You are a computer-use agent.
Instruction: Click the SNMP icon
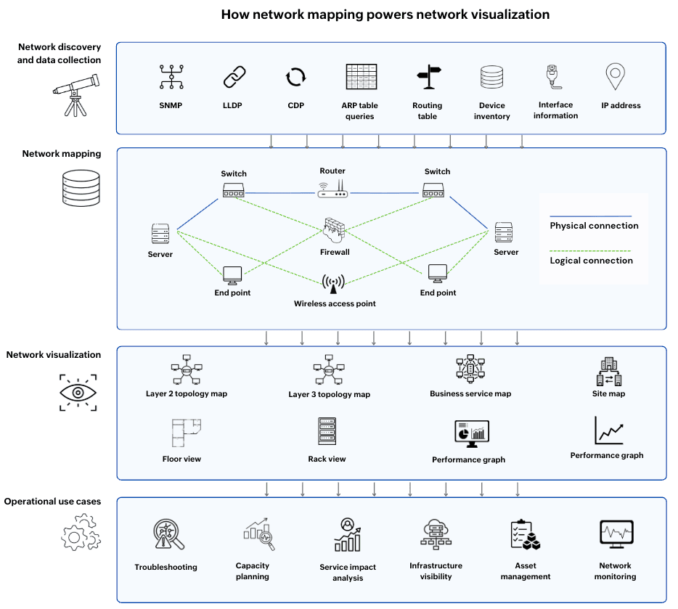coord(171,77)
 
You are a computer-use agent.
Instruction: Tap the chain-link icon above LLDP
coord(234,77)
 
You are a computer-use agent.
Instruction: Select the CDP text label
coord(296,105)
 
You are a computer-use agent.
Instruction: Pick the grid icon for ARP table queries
coord(362,76)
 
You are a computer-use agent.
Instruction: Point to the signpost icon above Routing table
coord(429,77)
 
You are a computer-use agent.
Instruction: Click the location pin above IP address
coord(616,76)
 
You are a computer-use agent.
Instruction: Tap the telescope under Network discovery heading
coord(76,95)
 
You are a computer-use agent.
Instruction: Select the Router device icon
coord(332,189)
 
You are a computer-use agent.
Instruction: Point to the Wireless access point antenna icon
coord(333,284)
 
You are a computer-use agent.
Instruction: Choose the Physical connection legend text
coord(594,226)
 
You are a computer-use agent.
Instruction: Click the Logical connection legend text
coord(591,261)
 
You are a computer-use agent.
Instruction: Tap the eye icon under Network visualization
coord(78,393)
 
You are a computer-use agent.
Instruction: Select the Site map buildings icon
coord(609,371)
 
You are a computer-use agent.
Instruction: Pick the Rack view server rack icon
coord(327,431)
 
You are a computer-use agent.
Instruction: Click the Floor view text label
coord(181,459)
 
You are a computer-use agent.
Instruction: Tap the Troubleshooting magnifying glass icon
coord(168,534)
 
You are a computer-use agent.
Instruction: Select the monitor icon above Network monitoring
coord(616,534)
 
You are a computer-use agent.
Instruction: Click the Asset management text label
coord(526,571)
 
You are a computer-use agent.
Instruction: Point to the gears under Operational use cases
coord(81,533)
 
